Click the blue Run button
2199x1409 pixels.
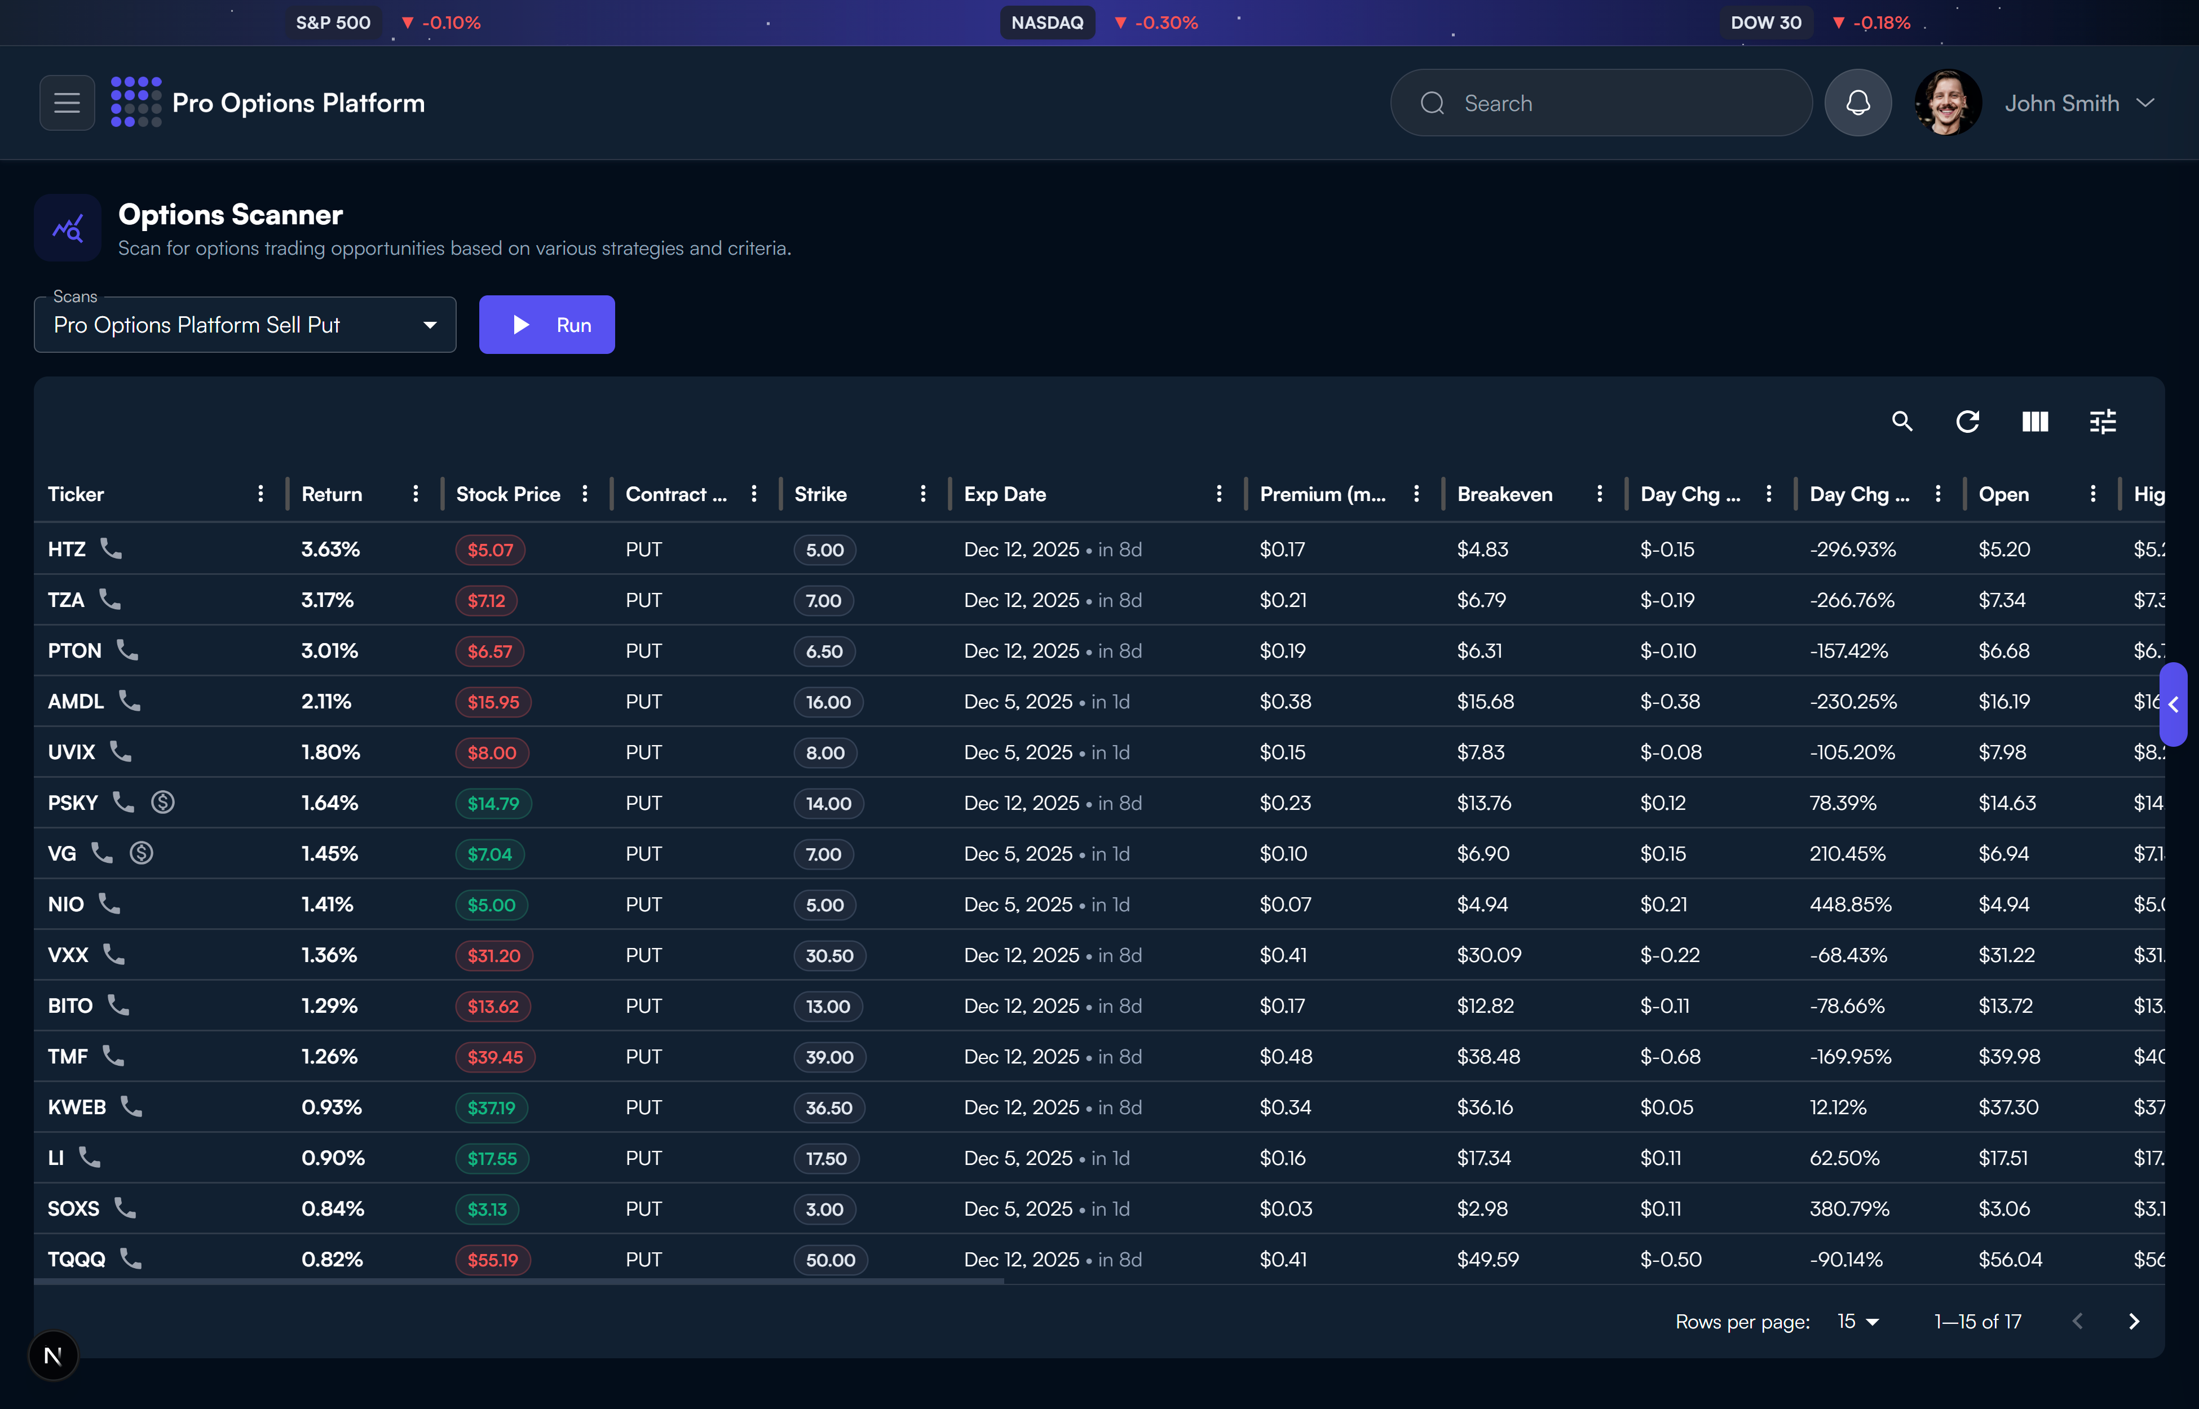point(546,325)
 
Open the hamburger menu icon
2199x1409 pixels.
point(67,103)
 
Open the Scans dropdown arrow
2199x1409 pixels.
point(429,325)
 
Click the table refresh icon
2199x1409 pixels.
point(1967,422)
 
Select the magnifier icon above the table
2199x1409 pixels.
point(1902,422)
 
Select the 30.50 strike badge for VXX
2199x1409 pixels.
point(829,956)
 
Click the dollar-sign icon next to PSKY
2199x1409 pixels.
point(163,803)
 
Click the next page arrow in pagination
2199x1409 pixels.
point(2133,1321)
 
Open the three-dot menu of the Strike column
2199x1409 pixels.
point(922,494)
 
